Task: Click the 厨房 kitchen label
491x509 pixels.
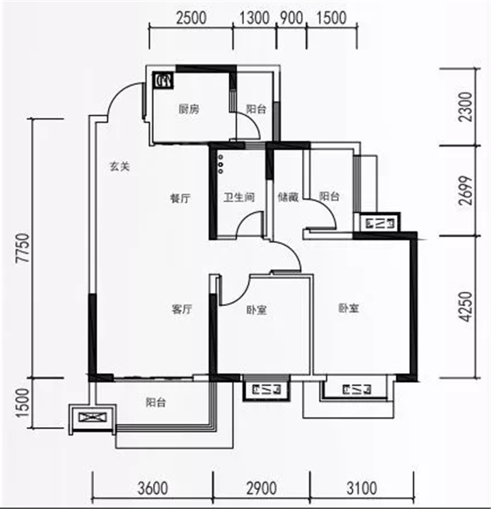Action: click(x=189, y=109)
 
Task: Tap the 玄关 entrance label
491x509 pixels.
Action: click(x=119, y=166)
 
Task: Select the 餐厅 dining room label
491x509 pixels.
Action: click(x=181, y=198)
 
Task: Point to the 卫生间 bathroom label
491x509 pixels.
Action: click(x=239, y=197)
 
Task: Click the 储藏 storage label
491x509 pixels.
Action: click(x=288, y=196)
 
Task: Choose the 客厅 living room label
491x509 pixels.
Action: click(x=182, y=309)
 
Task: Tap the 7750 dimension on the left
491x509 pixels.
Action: click(x=24, y=248)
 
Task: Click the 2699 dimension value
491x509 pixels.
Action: click(x=466, y=191)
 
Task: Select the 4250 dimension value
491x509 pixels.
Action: click(x=466, y=307)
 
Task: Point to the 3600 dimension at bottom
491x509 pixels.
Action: click(x=152, y=489)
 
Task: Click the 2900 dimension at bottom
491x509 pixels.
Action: click(x=262, y=489)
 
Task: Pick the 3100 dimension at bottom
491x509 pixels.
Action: click(x=362, y=489)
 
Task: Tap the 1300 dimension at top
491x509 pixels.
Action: click(x=255, y=17)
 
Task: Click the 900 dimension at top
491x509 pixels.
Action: click(x=292, y=17)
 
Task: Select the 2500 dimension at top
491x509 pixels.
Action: click(x=191, y=17)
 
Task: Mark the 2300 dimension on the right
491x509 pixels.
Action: click(x=466, y=107)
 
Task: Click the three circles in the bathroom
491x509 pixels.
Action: click(x=221, y=164)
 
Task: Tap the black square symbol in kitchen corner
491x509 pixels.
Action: click(x=163, y=80)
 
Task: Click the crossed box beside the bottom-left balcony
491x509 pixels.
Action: click(x=92, y=417)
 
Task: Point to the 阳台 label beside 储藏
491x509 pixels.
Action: click(x=329, y=196)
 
